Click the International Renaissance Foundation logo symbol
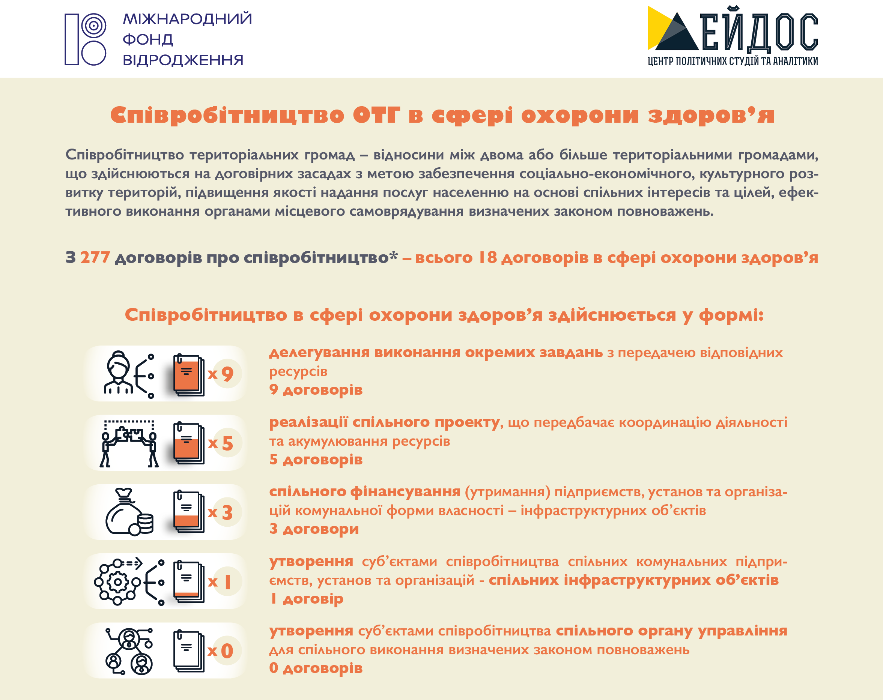pyautogui.click(x=85, y=39)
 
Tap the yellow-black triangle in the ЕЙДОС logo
pyautogui.click(x=672, y=29)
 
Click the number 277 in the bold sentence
pyautogui.click(x=95, y=257)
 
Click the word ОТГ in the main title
pyautogui.click(x=376, y=115)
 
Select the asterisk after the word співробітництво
pyautogui.click(x=394, y=255)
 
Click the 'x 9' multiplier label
pyautogui.click(x=221, y=374)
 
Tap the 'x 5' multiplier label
pyautogui.click(x=221, y=443)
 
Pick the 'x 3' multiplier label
pyautogui.click(x=221, y=512)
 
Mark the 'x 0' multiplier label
pyautogui.click(x=221, y=651)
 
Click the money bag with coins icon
pyautogui.click(x=129, y=512)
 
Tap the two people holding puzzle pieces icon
pyautogui.click(x=129, y=443)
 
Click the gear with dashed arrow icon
pyautogui.click(x=129, y=581)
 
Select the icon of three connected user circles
pyautogui.click(x=129, y=651)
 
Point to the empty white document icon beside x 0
pyautogui.click(x=189, y=651)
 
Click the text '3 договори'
pyautogui.click(x=314, y=529)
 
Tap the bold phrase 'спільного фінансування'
pyautogui.click(x=365, y=492)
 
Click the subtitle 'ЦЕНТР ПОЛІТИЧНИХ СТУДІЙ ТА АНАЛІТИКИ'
pyautogui.click(x=733, y=62)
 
